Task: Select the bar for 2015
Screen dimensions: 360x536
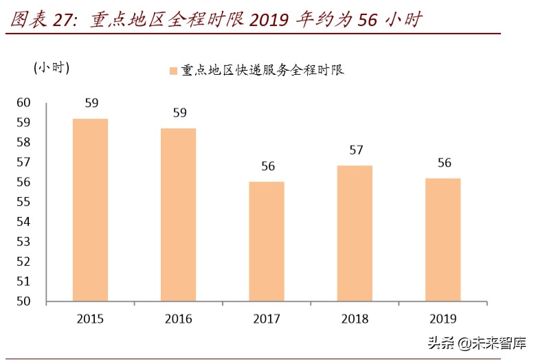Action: point(90,210)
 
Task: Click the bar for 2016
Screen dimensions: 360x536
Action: point(179,214)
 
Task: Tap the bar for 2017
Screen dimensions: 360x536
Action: point(267,241)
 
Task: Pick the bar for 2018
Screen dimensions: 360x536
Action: point(355,234)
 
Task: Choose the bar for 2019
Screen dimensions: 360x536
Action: point(443,239)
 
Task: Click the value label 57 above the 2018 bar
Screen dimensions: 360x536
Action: point(356,150)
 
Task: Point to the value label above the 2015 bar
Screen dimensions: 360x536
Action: point(91,104)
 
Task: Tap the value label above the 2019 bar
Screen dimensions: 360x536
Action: point(445,163)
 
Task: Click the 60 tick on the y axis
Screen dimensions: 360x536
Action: point(24,103)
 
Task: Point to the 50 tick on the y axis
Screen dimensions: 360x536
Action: point(24,302)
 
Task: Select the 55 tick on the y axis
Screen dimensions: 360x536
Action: point(24,202)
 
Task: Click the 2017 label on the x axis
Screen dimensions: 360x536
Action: point(267,319)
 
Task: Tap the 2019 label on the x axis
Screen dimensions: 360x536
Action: point(443,319)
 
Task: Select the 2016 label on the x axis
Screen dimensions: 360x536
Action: point(179,319)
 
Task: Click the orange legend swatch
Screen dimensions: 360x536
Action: point(172,71)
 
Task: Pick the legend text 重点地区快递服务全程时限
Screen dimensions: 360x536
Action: point(263,70)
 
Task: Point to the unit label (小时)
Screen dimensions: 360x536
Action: point(52,67)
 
